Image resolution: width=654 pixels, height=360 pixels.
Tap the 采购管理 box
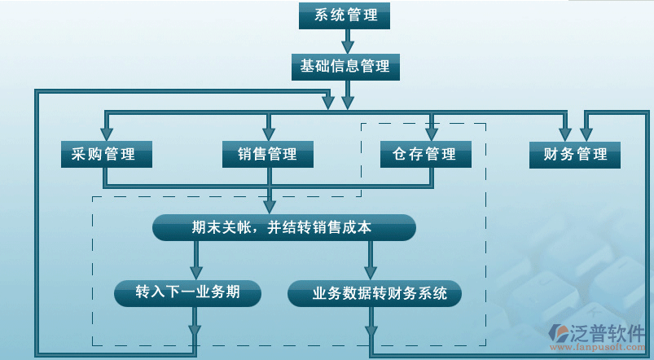106,154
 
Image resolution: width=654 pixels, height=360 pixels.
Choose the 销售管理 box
267,154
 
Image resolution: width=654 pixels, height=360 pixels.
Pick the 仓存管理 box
425,154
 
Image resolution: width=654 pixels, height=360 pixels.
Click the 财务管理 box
575,154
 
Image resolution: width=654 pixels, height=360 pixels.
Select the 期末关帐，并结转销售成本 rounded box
283,228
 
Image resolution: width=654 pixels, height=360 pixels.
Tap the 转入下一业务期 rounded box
188,292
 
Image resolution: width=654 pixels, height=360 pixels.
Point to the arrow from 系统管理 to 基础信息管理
348,40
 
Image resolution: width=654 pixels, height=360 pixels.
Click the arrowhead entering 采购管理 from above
106,132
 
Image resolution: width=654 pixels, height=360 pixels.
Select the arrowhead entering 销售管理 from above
267,132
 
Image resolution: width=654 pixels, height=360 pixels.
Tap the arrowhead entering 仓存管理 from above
431,132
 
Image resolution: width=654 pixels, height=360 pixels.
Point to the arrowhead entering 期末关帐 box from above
270,207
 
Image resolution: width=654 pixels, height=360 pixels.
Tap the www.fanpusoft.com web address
598,349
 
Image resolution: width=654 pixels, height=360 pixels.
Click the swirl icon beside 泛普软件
562,332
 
